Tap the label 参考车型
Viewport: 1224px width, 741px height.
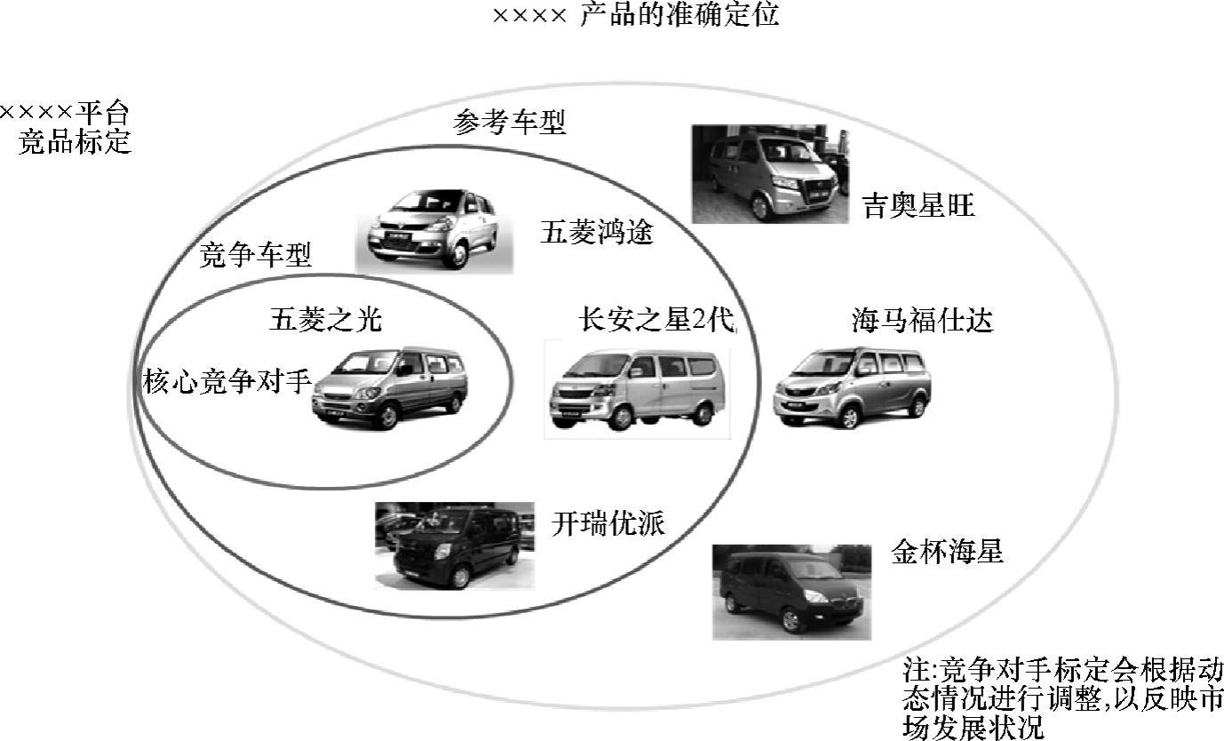[509, 123]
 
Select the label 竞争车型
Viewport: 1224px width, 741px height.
[256, 257]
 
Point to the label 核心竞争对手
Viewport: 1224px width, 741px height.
[227, 383]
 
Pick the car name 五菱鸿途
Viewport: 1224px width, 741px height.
[596, 234]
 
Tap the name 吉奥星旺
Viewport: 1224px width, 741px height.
[918, 207]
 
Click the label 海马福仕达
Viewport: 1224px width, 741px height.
[922, 320]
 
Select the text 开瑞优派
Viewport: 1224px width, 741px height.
[608, 523]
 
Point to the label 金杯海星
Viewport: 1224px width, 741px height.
[947, 552]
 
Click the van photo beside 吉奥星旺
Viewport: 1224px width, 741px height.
[770, 174]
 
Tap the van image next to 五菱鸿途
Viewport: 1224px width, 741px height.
[433, 228]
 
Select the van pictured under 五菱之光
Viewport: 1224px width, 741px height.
[390, 387]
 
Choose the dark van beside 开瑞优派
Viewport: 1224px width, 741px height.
[455, 546]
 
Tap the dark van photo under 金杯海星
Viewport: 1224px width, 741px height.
[791, 592]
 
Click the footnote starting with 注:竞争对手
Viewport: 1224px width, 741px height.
[1062, 698]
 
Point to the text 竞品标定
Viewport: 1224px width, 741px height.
[76, 142]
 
